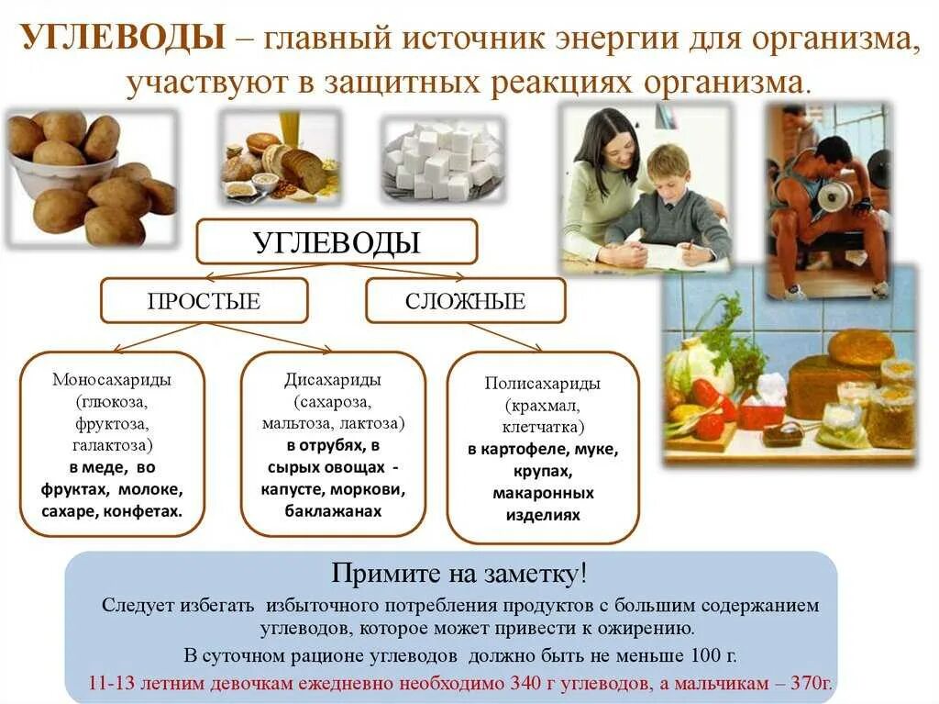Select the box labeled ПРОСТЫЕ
pos(204,301)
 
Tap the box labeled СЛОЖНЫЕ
pos(465,301)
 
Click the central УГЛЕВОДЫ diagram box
pos(337,242)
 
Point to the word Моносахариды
pos(112,380)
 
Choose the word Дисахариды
pos(333,380)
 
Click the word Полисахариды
pos(542,384)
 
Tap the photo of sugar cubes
pos(442,158)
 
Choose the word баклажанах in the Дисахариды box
pos(333,511)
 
